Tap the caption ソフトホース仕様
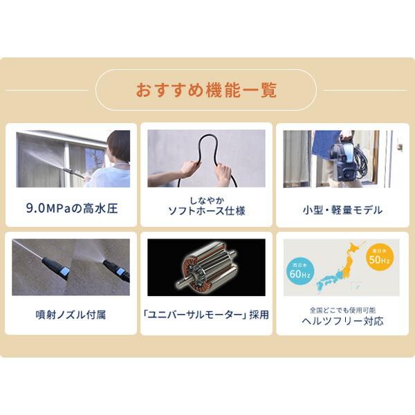[206, 211]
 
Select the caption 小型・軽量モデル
[342, 210]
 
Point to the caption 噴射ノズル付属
[71, 315]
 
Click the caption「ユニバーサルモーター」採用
[206, 315]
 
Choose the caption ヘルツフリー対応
[342, 321]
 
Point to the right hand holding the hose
[223, 172]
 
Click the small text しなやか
[206, 199]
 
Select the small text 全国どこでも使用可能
[342, 309]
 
